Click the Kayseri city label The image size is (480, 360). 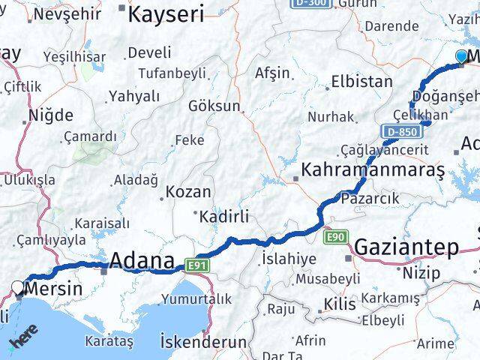pos(166,13)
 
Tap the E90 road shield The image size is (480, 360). pos(336,238)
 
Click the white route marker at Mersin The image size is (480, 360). pos(17,286)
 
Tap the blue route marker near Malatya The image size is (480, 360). pos(461,55)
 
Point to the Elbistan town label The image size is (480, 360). pos(361,81)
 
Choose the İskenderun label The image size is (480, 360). pos(203,342)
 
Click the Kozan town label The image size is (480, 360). pos(188,192)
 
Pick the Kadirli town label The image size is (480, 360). pos(223,217)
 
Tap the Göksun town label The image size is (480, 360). pos(214,106)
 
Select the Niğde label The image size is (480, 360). pos(50,115)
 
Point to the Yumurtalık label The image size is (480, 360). pos(196,298)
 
